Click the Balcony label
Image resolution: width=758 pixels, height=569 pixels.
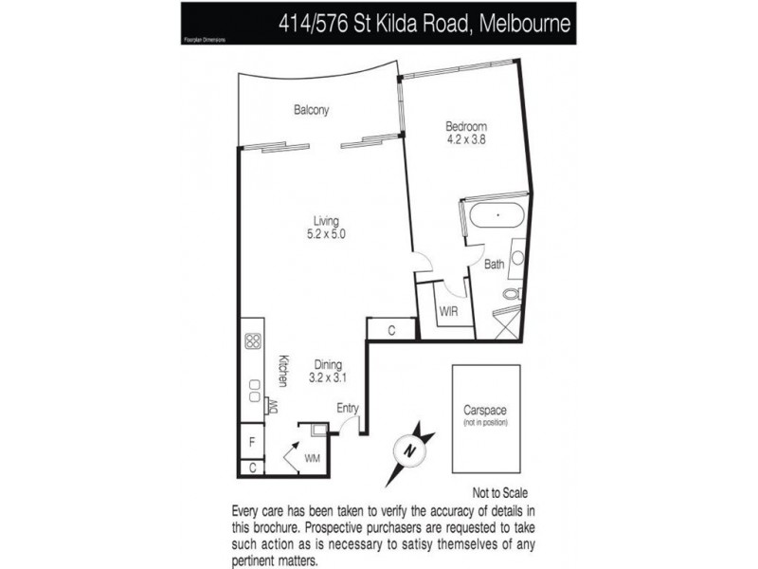[311, 110]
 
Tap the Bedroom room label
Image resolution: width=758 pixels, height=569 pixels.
[466, 127]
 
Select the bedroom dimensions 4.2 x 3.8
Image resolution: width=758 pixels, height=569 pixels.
[466, 141]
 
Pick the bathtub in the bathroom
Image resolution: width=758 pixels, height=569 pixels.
[496, 214]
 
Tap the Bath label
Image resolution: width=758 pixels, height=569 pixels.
[494, 265]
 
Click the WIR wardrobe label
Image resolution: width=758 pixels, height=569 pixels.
[447, 310]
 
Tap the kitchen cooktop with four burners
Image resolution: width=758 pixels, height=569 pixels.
[253, 341]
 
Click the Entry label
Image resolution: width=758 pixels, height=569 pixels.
[348, 409]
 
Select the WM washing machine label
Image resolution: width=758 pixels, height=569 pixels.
[313, 459]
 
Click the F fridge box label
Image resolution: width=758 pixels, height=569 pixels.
[251, 442]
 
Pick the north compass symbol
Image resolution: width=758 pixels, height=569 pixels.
[408, 450]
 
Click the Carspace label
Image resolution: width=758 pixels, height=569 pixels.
[485, 410]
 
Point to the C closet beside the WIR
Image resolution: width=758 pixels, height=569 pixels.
[391, 330]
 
